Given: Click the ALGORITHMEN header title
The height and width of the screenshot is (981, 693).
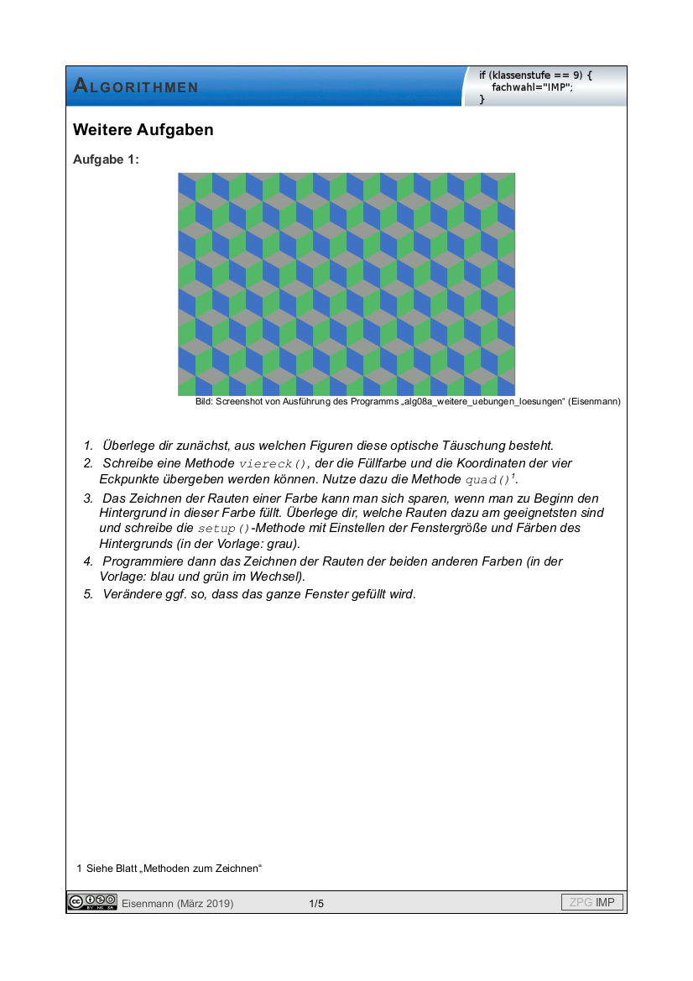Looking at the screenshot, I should click(136, 86).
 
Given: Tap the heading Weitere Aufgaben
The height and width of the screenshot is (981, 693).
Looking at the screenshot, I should click(143, 130).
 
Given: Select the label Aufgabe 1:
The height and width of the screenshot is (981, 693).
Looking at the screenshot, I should click(106, 159).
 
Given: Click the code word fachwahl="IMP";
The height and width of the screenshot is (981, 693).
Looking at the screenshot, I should click(532, 87).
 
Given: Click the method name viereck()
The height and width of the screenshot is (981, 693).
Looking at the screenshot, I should click(274, 464).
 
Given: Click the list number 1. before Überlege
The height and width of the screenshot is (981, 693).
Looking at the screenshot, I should click(88, 446).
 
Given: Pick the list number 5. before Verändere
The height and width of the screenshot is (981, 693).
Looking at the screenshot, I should click(88, 594).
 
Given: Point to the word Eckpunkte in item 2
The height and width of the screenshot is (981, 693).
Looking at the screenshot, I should click(128, 479).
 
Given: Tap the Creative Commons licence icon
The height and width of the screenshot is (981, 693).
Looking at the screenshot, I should click(92, 902).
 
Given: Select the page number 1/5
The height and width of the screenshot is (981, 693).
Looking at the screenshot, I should click(316, 903).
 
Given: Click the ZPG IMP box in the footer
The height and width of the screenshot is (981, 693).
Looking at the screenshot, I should click(592, 903).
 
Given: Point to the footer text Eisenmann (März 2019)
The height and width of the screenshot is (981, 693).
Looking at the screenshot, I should click(177, 903).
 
